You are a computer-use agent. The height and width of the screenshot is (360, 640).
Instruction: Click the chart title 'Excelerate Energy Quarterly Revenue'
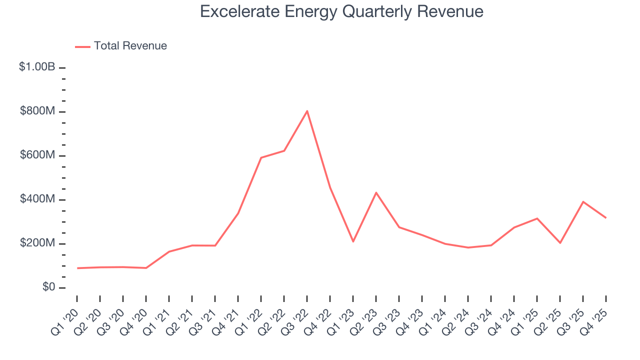click(341, 11)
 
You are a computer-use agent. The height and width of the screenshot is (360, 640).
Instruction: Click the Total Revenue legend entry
click(121, 46)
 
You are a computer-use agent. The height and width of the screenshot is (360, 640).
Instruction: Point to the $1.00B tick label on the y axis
click(37, 66)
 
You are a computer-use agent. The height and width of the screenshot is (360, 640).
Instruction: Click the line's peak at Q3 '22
click(307, 111)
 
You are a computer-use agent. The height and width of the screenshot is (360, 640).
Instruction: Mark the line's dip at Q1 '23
click(353, 241)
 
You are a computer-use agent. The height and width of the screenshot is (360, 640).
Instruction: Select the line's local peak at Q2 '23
click(376, 192)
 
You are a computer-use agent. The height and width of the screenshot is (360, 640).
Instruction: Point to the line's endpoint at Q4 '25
click(606, 217)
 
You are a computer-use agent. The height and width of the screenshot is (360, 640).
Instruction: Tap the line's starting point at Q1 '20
click(77, 268)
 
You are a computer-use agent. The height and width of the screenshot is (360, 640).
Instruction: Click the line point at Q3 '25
click(583, 201)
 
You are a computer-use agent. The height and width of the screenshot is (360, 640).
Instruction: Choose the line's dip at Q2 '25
click(560, 243)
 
